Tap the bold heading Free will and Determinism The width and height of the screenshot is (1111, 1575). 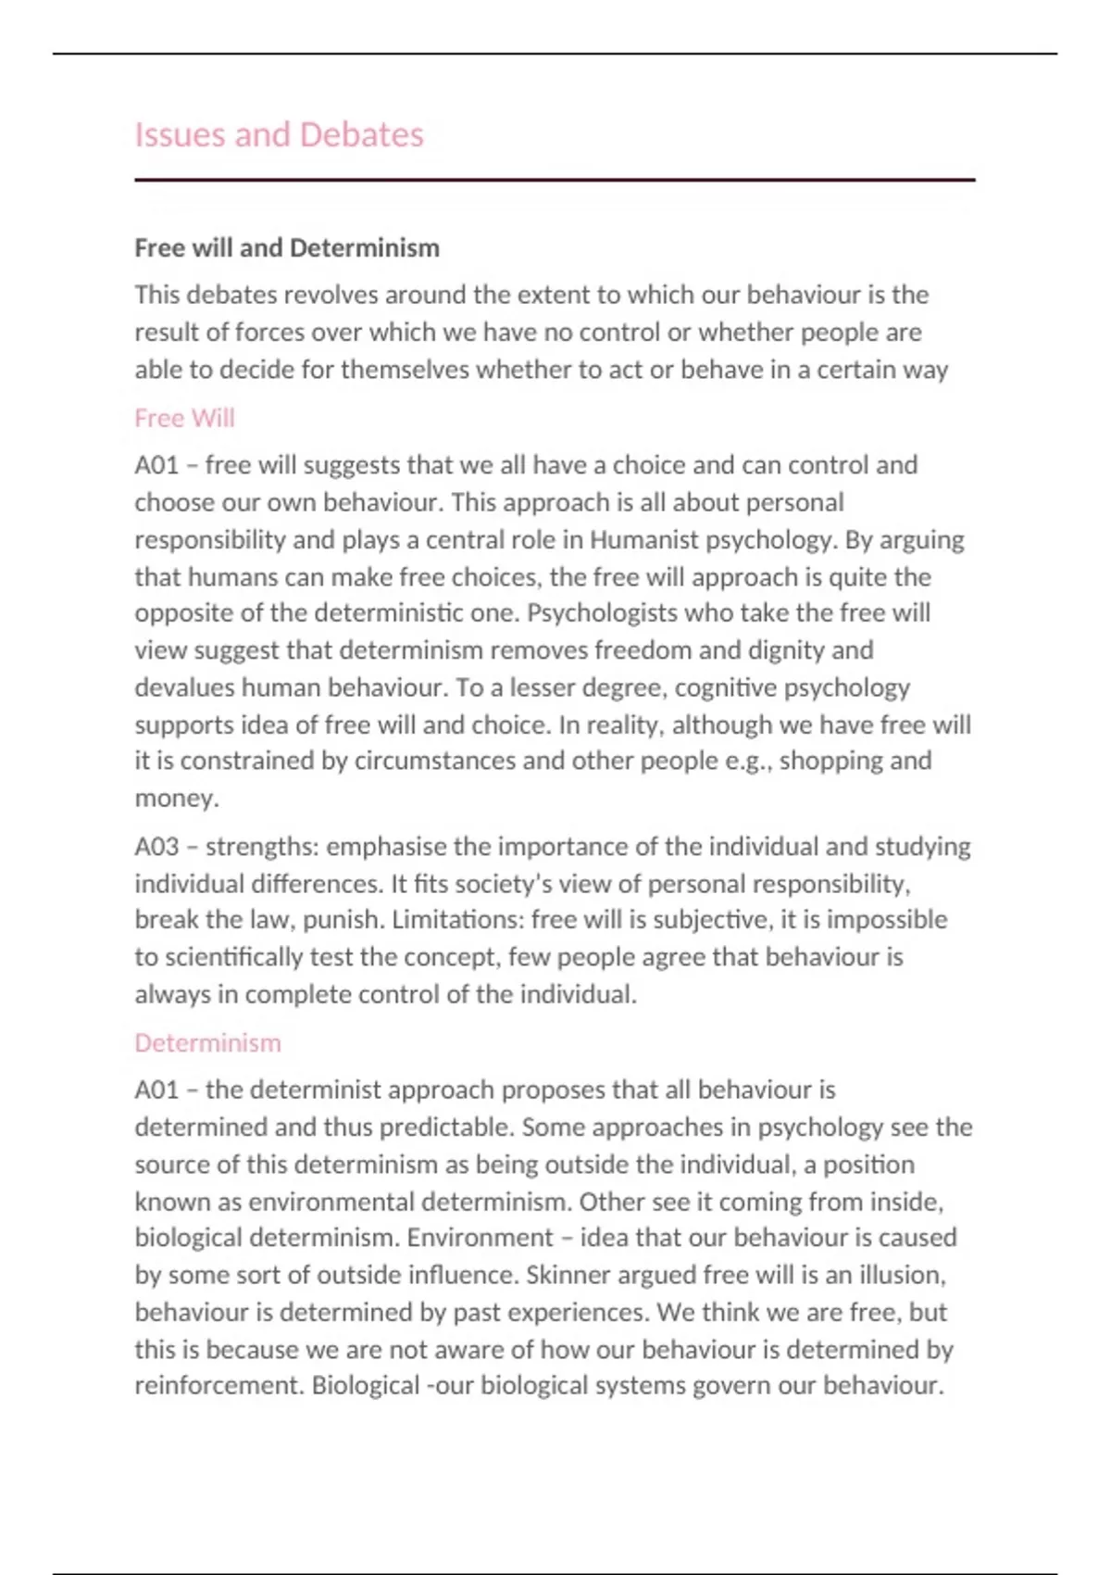tap(287, 248)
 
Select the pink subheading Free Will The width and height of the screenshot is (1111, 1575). tap(184, 419)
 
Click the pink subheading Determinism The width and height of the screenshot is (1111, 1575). tap(207, 1043)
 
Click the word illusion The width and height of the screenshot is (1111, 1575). tap(899, 1276)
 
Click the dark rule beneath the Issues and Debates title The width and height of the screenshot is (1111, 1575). tap(555, 180)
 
